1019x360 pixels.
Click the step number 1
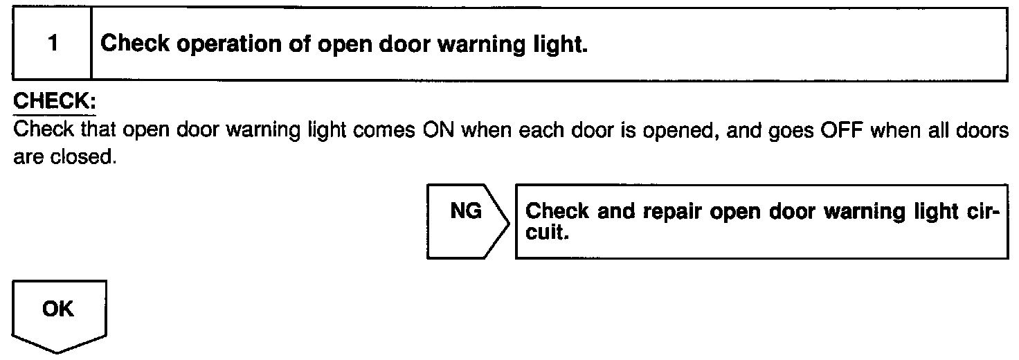53,45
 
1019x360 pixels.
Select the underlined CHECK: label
55,100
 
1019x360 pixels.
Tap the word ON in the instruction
437,129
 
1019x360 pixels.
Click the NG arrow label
466,211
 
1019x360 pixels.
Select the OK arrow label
58,309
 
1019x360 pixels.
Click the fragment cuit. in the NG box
548,233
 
